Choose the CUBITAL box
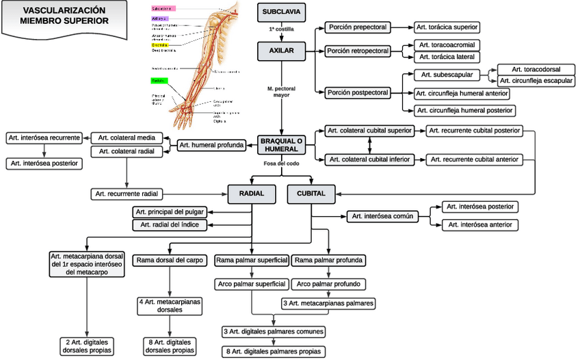point(311,194)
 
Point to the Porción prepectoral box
point(358,27)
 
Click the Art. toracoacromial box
point(449,44)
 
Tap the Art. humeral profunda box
point(211,144)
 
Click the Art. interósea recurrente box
point(44,138)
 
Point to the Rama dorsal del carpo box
point(169,260)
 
